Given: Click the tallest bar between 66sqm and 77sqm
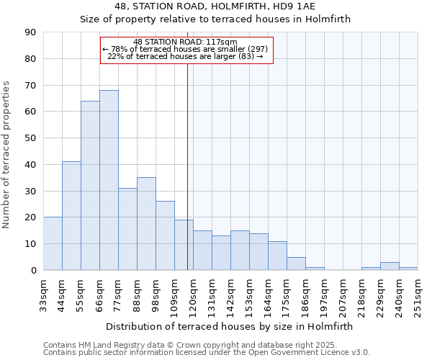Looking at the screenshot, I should pyautogui.click(x=109, y=180).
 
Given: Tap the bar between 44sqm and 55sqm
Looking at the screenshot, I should pyautogui.click(x=71, y=216).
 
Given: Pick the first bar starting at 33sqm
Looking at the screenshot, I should pyautogui.click(x=53, y=243).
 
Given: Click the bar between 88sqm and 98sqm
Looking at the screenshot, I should pyautogui.click(x=146, y=224).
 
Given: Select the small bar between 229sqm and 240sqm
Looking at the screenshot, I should pyautogui.click(x=390, y=266).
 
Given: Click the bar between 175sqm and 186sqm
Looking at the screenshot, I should pyautogui.click(x=296, y=264).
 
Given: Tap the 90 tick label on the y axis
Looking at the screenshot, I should pyautogui.click(x=30, y=32).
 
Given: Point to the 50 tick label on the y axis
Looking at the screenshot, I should pyautogui.click(x=30, y=138).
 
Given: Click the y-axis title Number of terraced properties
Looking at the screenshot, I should pyautogui.click(x=6, y=155).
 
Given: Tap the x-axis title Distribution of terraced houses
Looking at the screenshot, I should pyautogui.click(x=230, y=326).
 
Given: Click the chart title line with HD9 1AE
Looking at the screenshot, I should pyautogui.click(x=215, y=6).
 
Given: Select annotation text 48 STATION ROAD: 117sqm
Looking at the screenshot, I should pyautogui.click(x=186, y=42).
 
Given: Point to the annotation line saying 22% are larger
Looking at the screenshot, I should pyautogui.click(x=186, y=56).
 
